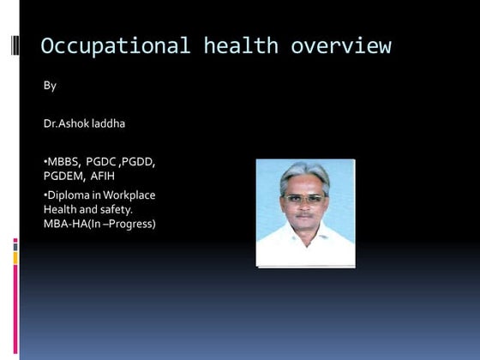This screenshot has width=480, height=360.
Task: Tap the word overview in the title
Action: [340, 45]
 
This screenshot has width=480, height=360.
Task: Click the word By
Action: [50, 86]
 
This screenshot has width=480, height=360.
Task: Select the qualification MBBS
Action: [63, 162]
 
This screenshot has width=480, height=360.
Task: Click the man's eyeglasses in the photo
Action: [304, 199]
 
